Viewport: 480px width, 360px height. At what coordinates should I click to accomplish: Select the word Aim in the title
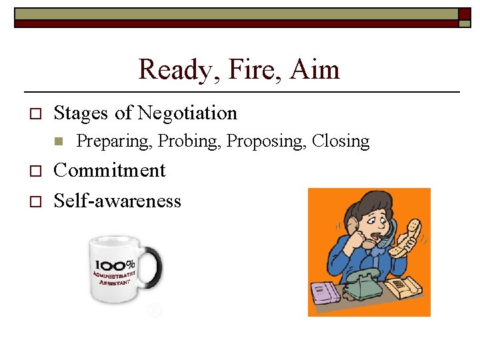pos(315,70)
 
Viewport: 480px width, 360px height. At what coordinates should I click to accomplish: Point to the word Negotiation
pos(187,113)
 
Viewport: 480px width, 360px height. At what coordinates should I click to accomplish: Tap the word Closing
pos(341,141)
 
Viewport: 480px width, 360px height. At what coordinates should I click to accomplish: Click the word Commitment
pos(109,171)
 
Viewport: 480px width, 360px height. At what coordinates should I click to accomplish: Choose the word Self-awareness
pos(117,201)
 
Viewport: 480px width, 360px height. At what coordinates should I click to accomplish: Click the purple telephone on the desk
pos(325,293)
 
